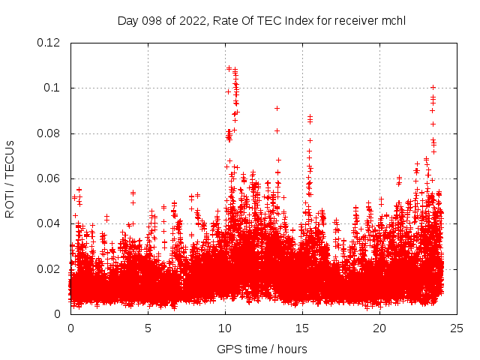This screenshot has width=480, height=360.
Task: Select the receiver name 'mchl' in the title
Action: pyautogui.click(x=391, y=20)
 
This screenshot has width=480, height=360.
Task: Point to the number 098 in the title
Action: pyautogui.click(x=154, y=20)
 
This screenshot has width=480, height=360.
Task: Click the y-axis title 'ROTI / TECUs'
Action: pyautogui.click(x=10, y=178)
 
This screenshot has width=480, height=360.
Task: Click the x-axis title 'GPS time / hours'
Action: pyautogui.click(x=262, y=349)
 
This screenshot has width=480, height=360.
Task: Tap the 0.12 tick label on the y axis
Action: pyautogui.click(x=50, y=43)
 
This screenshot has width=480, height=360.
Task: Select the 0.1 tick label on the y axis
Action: pyautogui.click(x=53, y=88)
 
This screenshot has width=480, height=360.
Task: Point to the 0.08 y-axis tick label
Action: pyautogui.click(x=50, y=133)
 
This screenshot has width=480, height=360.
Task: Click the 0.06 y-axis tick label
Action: pyautogui.click(x=50, y=178)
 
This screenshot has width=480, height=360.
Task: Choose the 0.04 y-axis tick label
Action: pyautogui.click(x=50, y=223)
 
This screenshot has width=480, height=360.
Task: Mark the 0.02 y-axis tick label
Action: pyautogui.click(x=50, y=268)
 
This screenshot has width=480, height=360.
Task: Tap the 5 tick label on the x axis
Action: pyautogui.click(x=148, y=328)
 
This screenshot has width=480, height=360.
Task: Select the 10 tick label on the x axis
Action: pyautogui.click(x=225, y=328)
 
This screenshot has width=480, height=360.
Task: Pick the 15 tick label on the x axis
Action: pyautogui.click(x=302, y=328)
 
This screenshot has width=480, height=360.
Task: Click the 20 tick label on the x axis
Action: pyautogui.click(x=379, y=328)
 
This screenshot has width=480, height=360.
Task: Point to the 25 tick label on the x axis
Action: pyautogui.click(x=457, y=328)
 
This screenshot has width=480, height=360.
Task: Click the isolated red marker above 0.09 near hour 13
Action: pyautogui.click(x=277, y=108)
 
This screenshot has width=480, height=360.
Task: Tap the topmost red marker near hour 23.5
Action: pyautogui.click(x=433, y=87)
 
